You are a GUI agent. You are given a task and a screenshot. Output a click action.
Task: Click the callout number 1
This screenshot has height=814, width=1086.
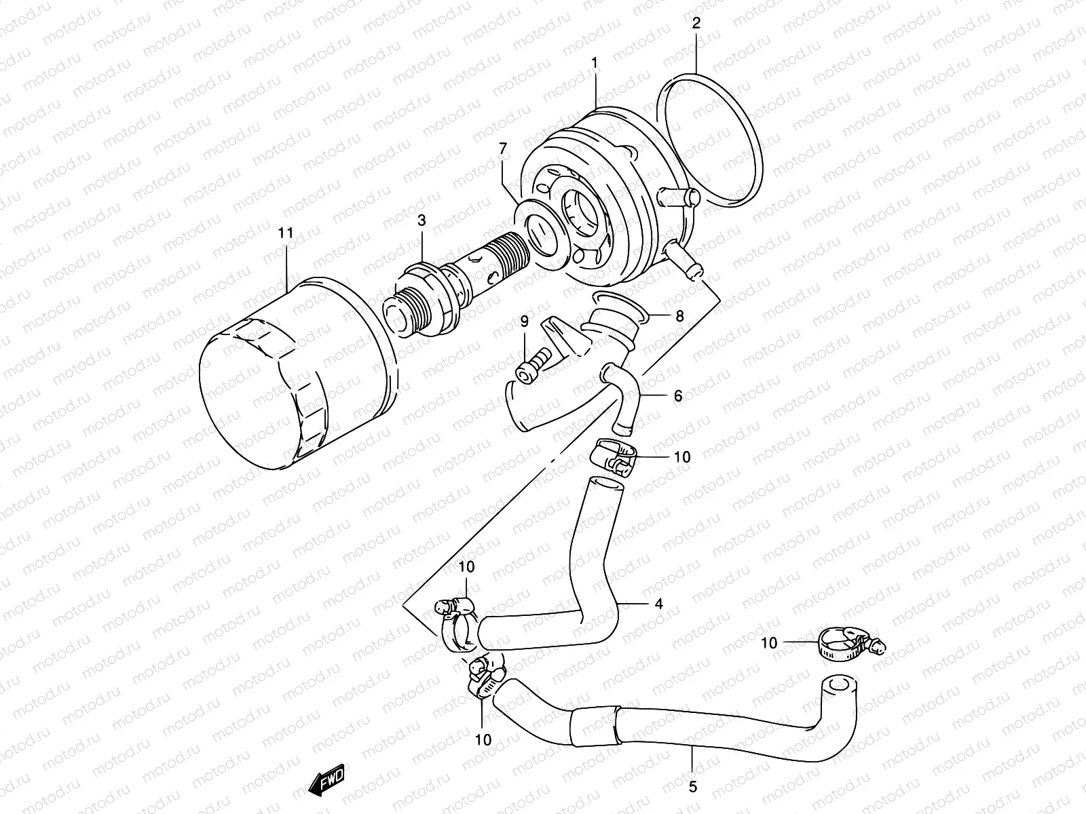point(594,63)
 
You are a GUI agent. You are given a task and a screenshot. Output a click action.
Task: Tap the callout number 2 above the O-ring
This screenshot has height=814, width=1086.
point(696,23)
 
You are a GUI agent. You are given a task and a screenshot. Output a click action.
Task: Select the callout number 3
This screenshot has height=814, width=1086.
point(422,220)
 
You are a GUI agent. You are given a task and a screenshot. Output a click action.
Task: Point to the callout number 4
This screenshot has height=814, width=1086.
point(658,603)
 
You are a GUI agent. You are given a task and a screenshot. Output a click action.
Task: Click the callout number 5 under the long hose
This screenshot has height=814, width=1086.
point(692,788)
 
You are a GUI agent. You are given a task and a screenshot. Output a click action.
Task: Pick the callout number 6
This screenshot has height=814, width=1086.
point(677,395)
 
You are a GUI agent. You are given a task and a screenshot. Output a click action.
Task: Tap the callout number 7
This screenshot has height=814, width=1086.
point(502,148)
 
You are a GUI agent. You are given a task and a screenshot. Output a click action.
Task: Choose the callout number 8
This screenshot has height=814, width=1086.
point(679,315)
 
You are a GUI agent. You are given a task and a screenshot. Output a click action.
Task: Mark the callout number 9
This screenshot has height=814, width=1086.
point(524,321)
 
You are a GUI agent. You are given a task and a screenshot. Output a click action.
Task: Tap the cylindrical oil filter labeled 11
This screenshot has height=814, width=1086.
point(299,373)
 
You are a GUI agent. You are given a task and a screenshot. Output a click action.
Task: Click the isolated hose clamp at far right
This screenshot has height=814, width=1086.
point(845,642)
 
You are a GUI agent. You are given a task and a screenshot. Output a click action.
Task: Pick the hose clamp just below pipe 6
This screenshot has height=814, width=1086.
point(614,455)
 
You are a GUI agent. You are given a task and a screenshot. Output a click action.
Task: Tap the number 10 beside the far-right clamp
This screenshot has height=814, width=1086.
point(768,642)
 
